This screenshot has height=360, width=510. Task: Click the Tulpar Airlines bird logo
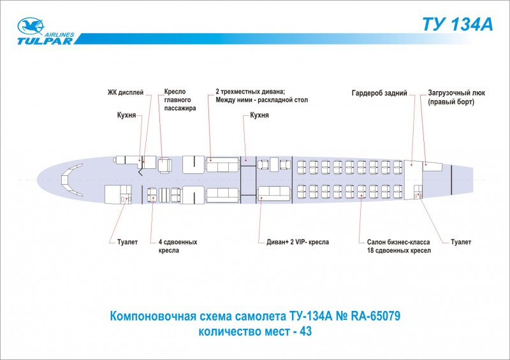(x=31, y=26)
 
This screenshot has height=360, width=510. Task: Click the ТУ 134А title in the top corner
(x=458, y=24)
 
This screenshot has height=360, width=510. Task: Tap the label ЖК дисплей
(x=126, y=92)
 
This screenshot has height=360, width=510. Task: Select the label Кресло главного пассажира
(x=180, y=100)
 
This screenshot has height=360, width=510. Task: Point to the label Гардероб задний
(x=379, y=93)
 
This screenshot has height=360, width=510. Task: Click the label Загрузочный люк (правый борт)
(x=456, y=97)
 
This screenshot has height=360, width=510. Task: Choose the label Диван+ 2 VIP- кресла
(x=298, y=242)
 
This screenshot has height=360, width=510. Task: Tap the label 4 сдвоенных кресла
(x=178, y=246)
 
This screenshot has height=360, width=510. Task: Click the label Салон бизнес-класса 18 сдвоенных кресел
(x=399, y=246)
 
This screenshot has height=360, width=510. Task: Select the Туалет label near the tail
(x=461, y=242)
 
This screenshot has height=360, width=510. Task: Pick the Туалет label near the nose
(x=127, y=242)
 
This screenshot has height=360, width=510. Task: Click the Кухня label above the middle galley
(x=259, y=115)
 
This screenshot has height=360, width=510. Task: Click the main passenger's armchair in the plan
(x=165, y=165)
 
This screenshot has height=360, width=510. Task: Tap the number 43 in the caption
(x=305, y=331)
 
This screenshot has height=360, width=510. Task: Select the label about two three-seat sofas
(x=261, y=96)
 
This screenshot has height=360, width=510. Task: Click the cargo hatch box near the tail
(x=432, y=166)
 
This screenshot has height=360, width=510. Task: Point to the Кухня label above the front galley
(x=126, y=115)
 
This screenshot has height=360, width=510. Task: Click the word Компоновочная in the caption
(x=153, y=316)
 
